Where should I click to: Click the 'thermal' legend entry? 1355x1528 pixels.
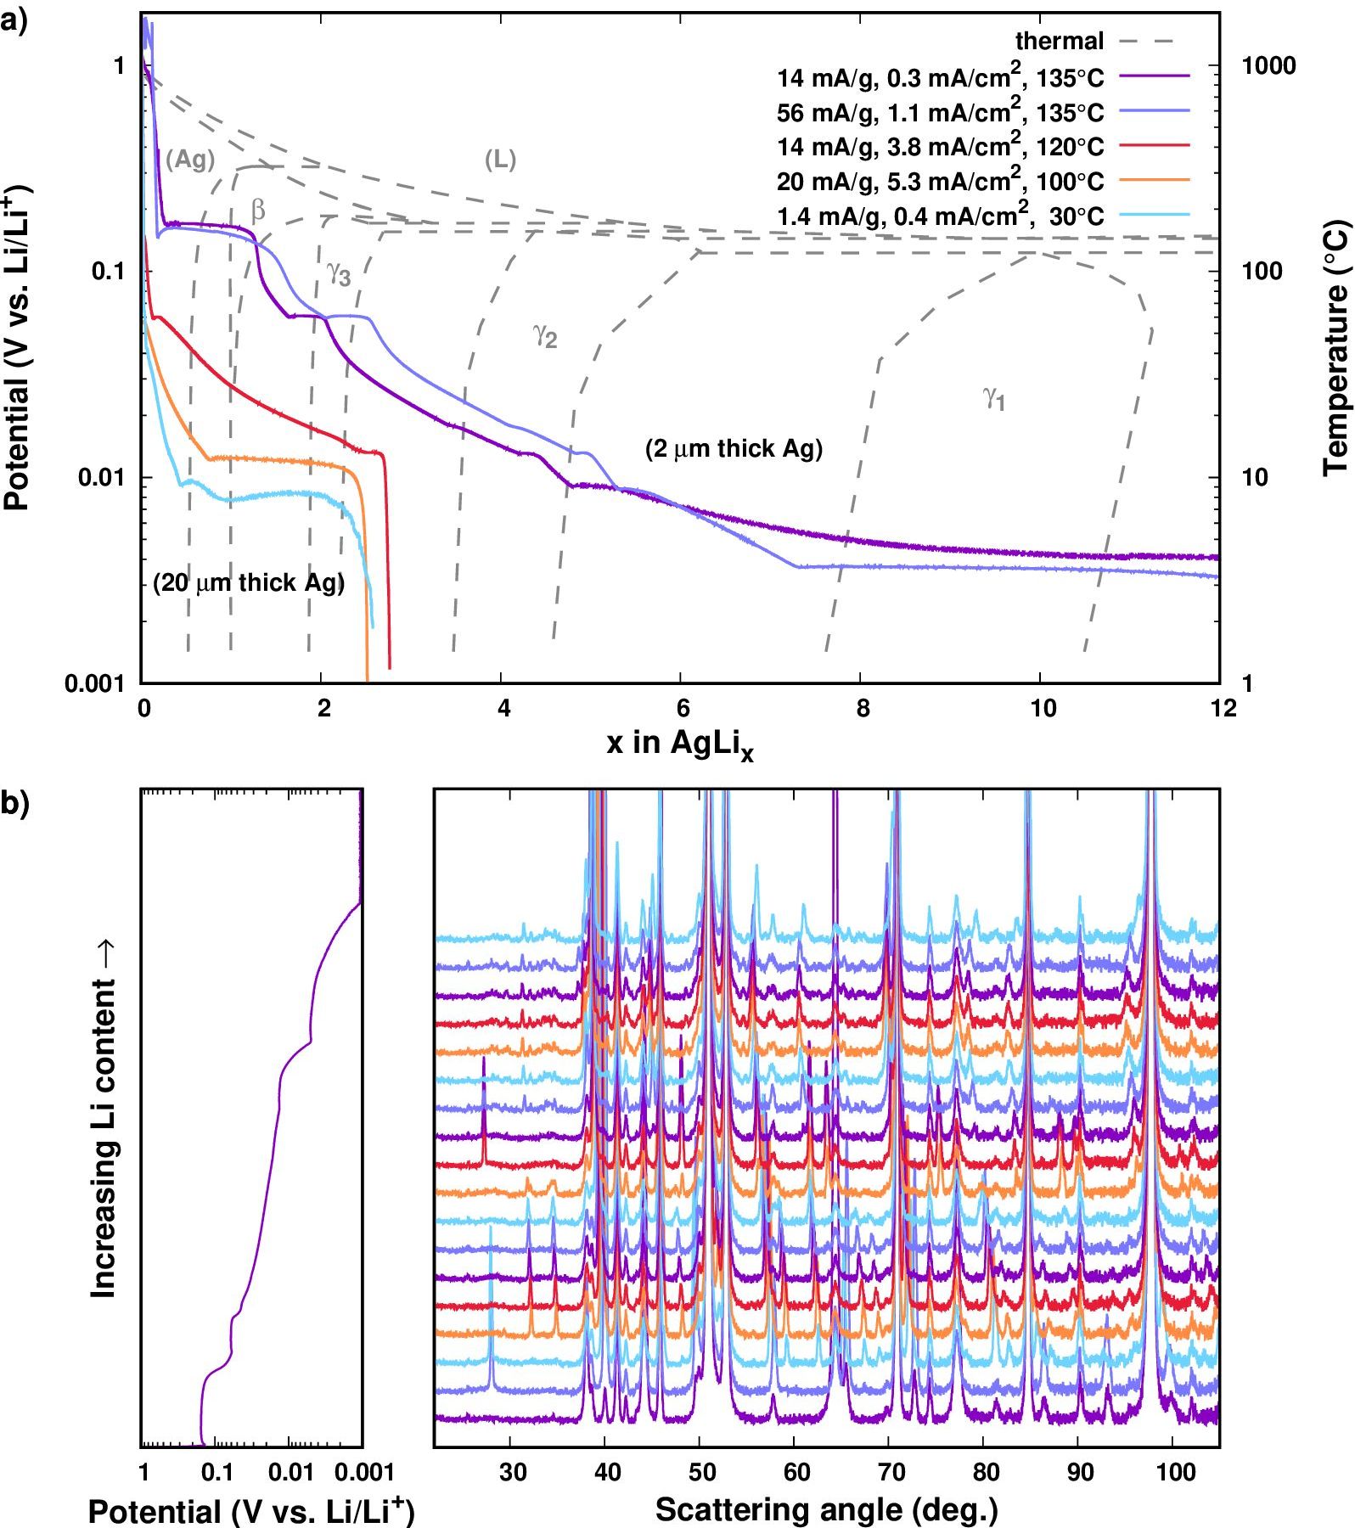point(1059,41)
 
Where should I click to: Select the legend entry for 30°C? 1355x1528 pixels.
point(940,216)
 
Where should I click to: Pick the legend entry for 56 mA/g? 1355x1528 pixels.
point(940,112)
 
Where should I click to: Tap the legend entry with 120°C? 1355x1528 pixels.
point(940,147)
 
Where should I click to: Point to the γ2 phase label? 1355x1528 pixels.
point(545,335)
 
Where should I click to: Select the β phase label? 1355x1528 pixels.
point(258,210)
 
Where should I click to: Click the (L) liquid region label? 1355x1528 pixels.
point(500,159)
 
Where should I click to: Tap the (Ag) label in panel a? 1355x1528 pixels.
point(190,159)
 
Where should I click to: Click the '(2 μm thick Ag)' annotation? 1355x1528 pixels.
point(734,449)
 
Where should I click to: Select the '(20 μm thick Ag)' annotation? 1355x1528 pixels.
point(249,583)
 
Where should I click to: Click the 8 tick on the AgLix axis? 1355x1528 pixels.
point(861,708)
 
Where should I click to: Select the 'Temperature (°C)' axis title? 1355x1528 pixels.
point(1335,348)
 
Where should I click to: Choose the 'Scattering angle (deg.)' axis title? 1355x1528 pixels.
point(826,1508)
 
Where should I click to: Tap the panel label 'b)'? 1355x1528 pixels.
point(14,802)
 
